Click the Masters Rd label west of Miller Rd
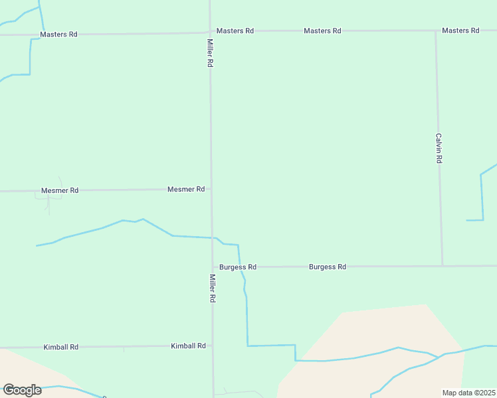tap(58, 34)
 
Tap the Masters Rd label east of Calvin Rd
tap(460, 31)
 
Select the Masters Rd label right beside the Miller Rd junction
tap(235, 31)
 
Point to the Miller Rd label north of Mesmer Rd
tap(210, 53)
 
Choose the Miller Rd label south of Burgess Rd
tap(213, 289)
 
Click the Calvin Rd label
tap(439, 149)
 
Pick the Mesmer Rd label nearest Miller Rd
tap(186, 189)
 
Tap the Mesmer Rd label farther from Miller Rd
tap(60, 190)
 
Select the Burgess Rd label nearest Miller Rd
tap(238, 267)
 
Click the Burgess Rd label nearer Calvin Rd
tap(328, 267)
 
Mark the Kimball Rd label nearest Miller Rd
tap(188, 346)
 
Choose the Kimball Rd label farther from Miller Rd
tap(61, 347)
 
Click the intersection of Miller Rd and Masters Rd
tap(210, 31)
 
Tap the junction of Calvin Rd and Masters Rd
tap(436, 31)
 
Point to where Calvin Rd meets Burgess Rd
tap(443, 266)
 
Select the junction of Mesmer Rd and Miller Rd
tap(211, 189)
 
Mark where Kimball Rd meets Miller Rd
tap(213, 346)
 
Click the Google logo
tap(23, 390)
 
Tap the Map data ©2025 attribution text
tap(469, 393)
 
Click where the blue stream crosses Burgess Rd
tap(241, 267)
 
